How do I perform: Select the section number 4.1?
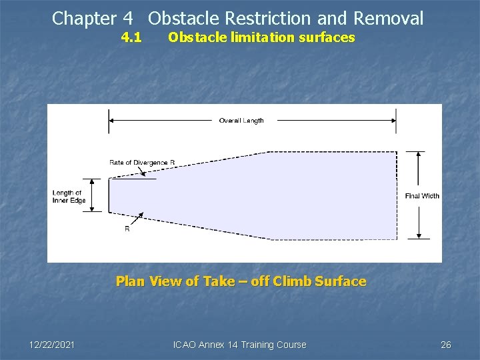(x=131, y=37)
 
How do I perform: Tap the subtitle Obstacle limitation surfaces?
(x=261, y=37)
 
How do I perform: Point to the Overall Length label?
(x=241, y=121)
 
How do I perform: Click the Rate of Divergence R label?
(x=142, y=163)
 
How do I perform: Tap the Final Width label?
(x=422, y=196)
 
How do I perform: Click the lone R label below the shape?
(x=127, y=229)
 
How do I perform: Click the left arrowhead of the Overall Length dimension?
(x=112, y=121)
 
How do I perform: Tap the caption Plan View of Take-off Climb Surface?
(x=241, y=281)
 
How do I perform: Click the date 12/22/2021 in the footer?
(x=52, y=345)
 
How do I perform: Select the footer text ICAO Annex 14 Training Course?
(x=239, y=345)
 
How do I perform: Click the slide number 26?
(x=446, y=345)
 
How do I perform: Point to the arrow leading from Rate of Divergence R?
(x=141, y=172)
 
